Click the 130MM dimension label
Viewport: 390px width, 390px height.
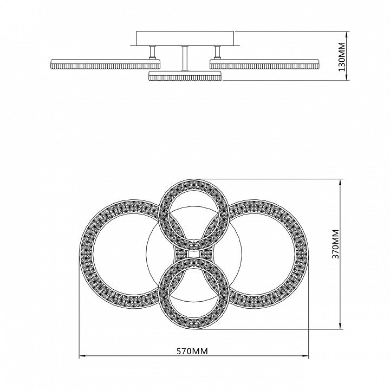click(x=342, y=57)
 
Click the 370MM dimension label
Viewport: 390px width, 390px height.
click(x=335, y=244)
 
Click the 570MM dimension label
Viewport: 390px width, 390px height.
click(x=192, y=351)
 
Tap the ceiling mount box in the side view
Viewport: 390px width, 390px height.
click(x=185, y=38)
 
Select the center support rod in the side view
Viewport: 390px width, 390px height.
click(x=185, y=58)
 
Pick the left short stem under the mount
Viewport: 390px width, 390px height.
click(x=152, y=52)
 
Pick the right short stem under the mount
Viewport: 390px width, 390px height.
click(x=217, y=52)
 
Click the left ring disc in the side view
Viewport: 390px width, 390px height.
click(x=105, y=64)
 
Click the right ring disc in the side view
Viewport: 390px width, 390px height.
click(x=264, y=64)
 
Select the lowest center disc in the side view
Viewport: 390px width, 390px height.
click(x=185, y=76)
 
